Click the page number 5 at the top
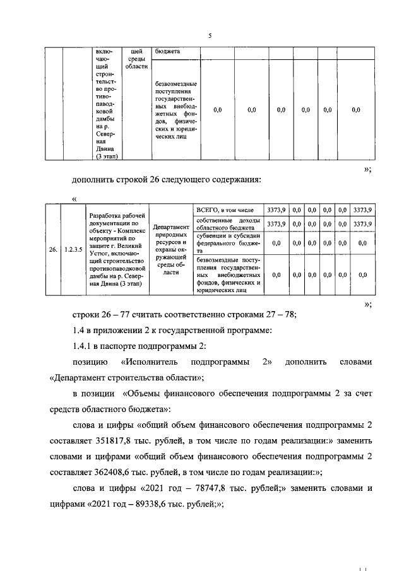[x=209, y=35]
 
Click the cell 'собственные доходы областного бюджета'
[x=227, y=223]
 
